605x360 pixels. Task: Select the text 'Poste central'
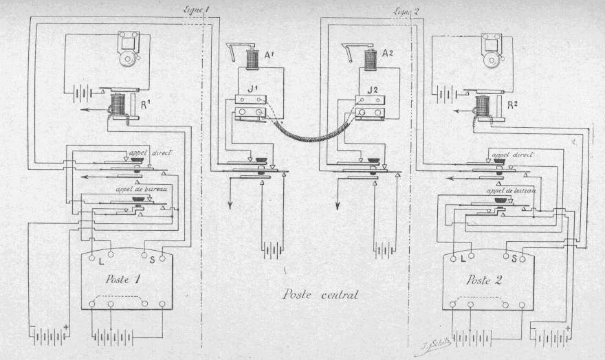pyautogui.click(x=322, y=295)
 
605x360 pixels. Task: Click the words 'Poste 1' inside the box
pyautogui.click(x=125, y=280)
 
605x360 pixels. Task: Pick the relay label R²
pyautogui.click(x=511, y=106)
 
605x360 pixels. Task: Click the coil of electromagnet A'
pyautogui.click(x=253, y=59)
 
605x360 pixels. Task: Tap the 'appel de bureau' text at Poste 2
pyautogui.click(x=511, y=190)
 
